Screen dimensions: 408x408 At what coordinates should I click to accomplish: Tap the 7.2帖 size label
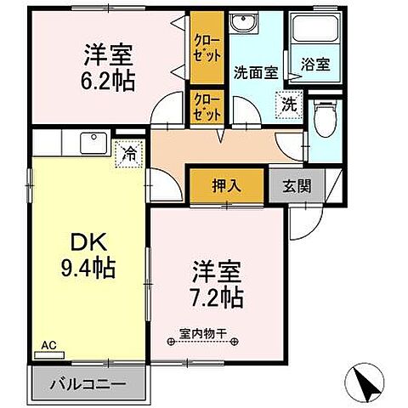pos(215,297)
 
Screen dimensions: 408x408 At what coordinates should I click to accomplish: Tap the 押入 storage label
pos(226,185)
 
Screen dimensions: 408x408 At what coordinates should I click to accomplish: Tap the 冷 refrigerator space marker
pos(128,154)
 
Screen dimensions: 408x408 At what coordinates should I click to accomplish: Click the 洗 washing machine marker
pos(289,105)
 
